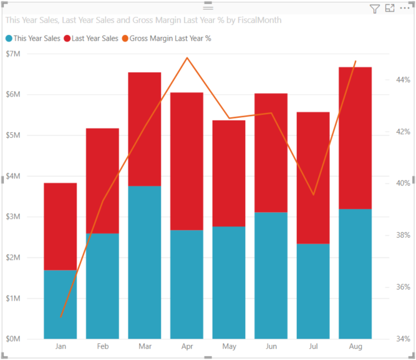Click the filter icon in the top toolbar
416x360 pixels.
coord(374,9)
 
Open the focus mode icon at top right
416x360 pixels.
coord(390,9)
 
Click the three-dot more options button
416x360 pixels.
coord(405,9)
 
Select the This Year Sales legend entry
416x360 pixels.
coord(34,38)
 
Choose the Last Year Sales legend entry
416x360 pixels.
coord(95,38)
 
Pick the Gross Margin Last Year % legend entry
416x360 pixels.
coord(170,38)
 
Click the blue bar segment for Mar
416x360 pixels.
coord(145,262)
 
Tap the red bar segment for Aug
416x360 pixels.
coord(356,137)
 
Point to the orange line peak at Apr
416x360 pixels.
coord(187,58)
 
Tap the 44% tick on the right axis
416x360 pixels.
coord(402,80)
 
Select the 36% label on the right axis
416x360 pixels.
coord(402,288)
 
